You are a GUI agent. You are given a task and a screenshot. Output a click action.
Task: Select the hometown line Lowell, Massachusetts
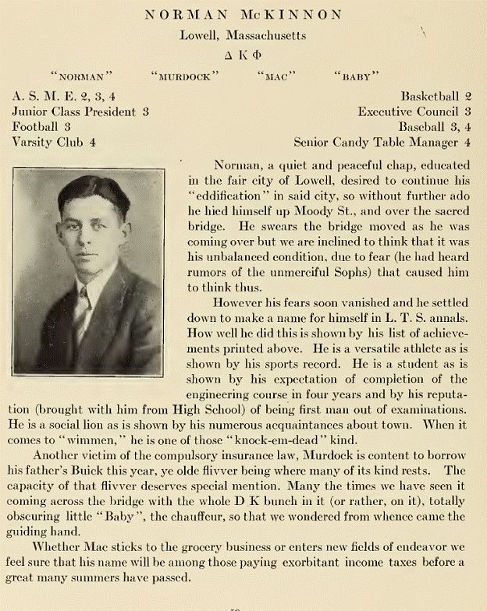(x=243, y=35)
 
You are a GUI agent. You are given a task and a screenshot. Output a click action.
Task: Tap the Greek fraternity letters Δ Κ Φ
(x=243, y=55)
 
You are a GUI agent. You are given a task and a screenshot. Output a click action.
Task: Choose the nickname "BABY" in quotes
(x=356, y=76)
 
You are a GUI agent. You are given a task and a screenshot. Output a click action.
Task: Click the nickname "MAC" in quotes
(x=278, y=76)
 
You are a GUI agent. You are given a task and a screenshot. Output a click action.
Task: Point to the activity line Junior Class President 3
(x=80, y=111)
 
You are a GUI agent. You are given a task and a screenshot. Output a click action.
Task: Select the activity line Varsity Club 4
(x=54, y=143)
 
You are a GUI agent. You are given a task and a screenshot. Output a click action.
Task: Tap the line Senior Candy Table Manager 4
(x=382, y=143)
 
